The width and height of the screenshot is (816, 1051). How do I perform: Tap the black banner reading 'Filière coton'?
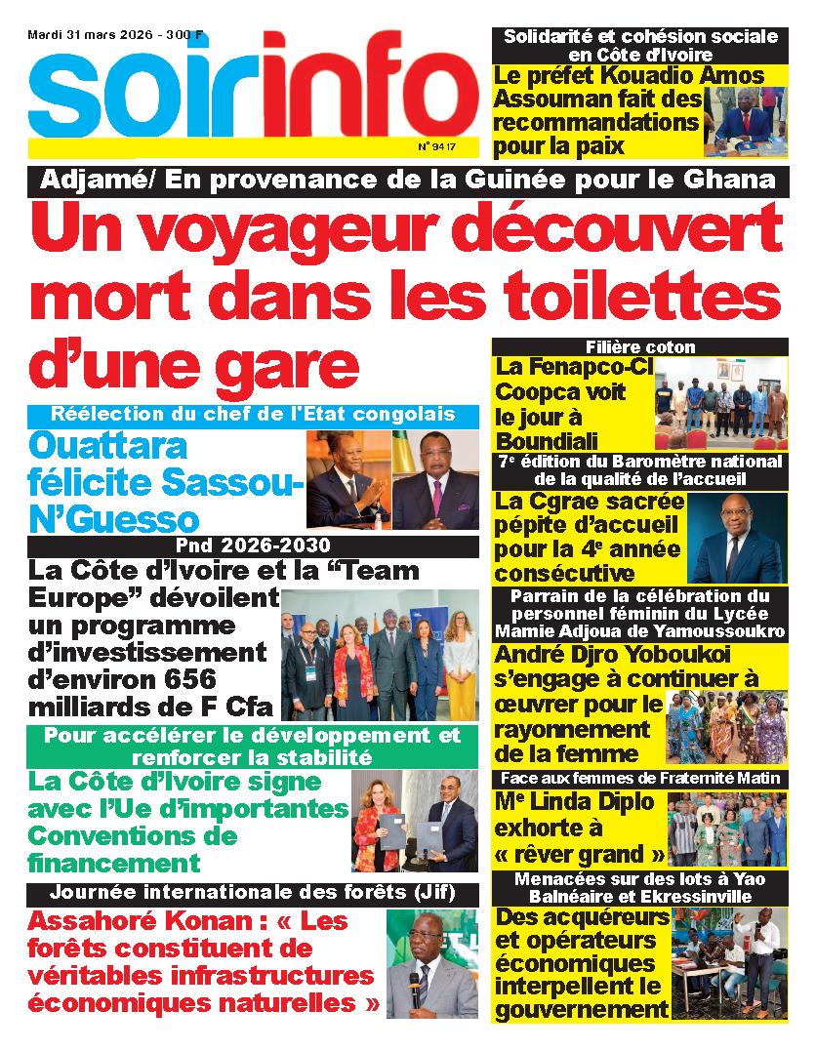(640, 347)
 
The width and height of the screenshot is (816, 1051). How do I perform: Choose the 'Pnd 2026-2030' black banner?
(254, 546)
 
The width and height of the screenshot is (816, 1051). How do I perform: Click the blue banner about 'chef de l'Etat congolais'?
(254, 414)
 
